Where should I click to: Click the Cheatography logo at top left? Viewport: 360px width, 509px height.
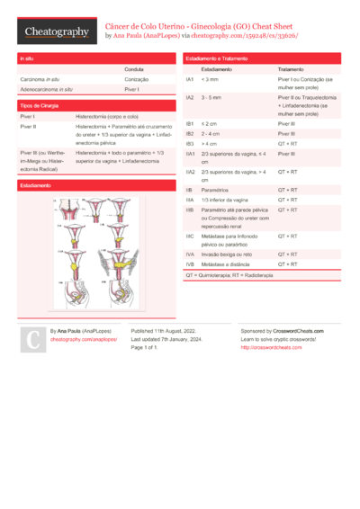pyautogui.click(x=57, y=31)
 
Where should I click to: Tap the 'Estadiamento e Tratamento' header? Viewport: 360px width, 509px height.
pyautogui.click(x=216, y=58)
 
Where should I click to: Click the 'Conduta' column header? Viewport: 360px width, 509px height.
pyautogui.click(x=135, y=69)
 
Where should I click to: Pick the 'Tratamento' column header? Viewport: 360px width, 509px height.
pyautogui.click(x=291, y=69)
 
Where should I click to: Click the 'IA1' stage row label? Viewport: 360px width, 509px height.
pyautogui.click(x=190, y=79)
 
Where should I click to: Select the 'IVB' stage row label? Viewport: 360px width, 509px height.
pyautogui.click(x=190, y=264)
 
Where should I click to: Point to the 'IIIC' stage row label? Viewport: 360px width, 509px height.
pyautogui.click(x=190, y=236)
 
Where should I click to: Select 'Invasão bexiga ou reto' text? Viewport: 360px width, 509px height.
pyautogui.click(x=229, y=254)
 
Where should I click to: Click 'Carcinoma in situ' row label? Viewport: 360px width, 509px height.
pyautogui.click(x=40, y=79)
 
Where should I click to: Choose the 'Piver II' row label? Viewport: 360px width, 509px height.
pyautogui.click(x=28, y=127)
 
